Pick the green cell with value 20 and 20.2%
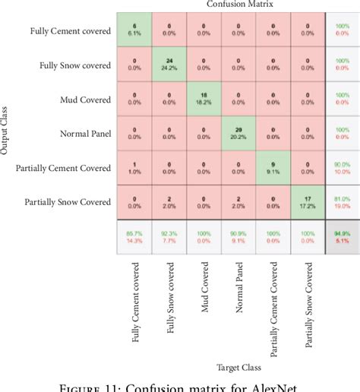[238, 134]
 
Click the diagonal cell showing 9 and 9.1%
[272, 168]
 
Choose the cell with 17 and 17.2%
[306, 202]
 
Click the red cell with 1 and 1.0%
[134, 168]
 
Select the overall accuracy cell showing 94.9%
[343, 238]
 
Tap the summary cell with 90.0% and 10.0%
[343, 168]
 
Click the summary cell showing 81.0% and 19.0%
[343, 202]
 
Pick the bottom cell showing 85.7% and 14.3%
[134, 238]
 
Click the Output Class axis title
[7, 134]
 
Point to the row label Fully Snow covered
[74, 65]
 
